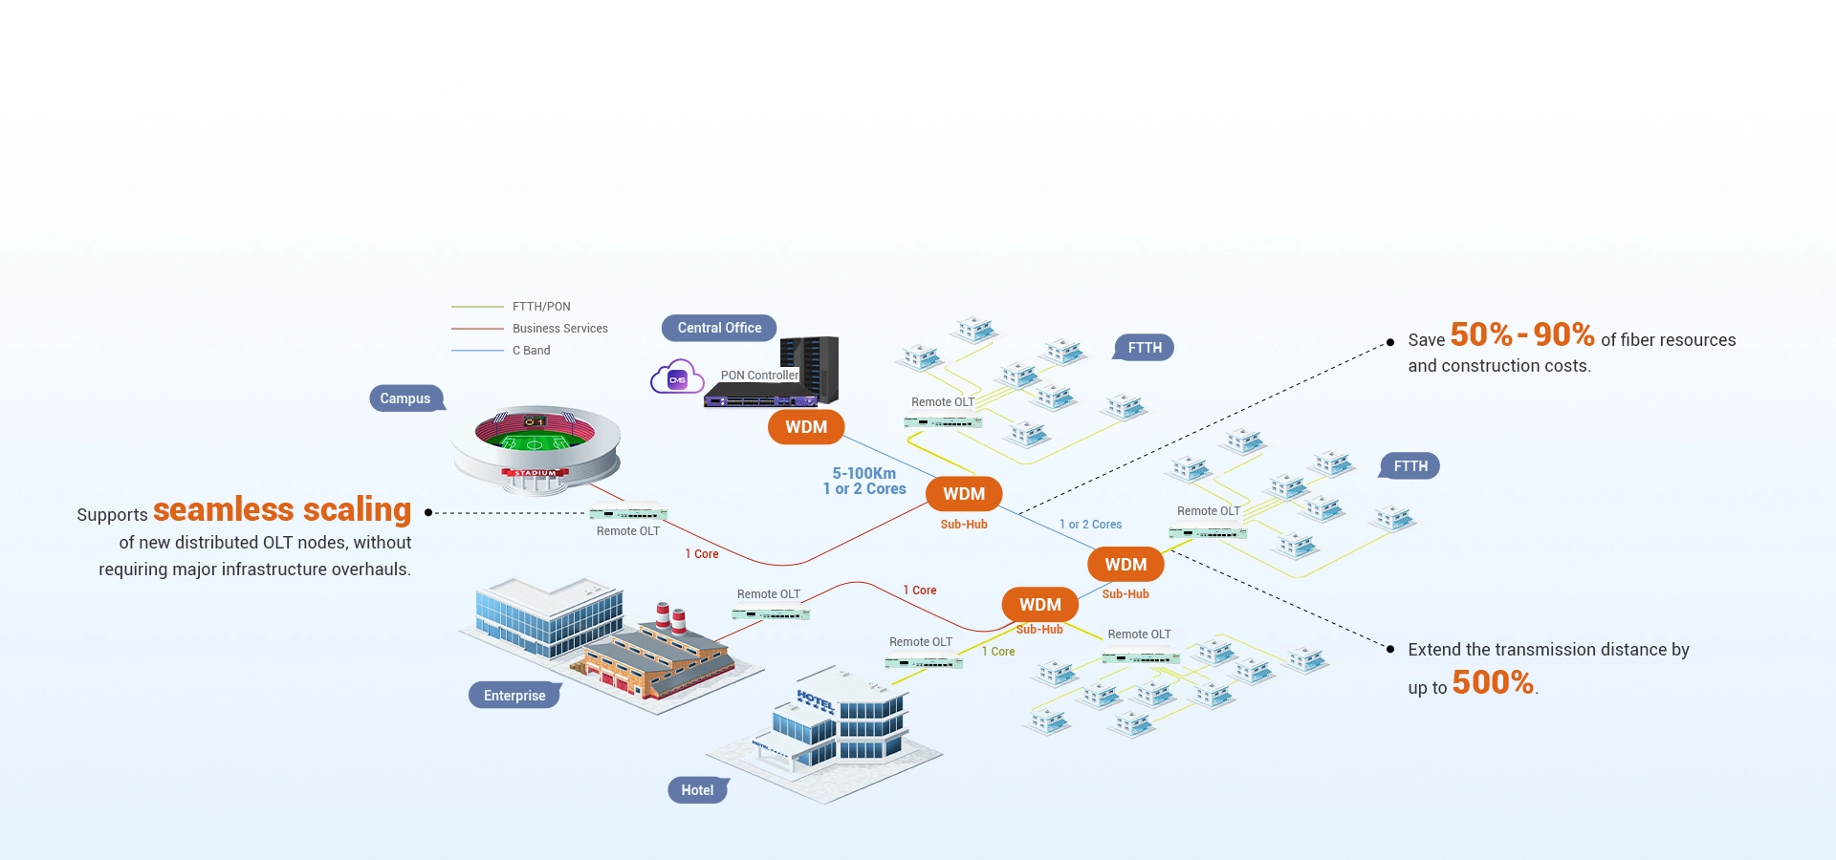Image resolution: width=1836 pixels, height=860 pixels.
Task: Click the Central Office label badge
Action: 719,328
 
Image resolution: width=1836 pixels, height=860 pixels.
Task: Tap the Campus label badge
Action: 405,398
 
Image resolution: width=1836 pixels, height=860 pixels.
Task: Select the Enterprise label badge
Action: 514,696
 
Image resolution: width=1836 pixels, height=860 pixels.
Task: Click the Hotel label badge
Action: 697,790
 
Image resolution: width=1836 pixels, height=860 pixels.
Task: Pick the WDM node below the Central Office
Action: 806,427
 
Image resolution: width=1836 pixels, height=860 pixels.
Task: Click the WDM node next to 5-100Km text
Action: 964,494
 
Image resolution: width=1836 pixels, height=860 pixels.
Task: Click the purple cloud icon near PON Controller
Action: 676,378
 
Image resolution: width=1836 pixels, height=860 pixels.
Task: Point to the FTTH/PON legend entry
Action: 541,307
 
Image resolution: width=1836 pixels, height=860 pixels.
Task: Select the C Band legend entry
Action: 531,351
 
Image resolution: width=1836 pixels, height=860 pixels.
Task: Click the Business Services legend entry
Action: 559,329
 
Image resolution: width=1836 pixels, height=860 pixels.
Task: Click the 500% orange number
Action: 1493,682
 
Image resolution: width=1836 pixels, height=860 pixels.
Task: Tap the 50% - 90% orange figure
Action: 1521,334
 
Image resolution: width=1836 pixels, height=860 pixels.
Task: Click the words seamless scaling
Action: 282,509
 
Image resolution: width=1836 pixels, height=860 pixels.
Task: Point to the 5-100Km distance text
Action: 863,473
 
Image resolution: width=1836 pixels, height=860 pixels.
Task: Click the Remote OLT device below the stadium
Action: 628,513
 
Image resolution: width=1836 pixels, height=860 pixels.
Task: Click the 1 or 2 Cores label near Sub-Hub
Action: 1090,525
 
